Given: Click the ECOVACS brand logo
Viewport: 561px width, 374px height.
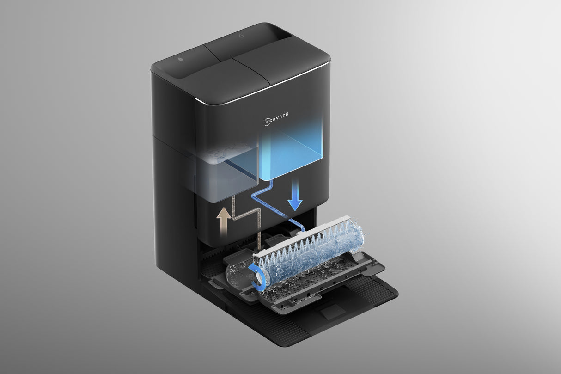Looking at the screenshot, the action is coord(276,118).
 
